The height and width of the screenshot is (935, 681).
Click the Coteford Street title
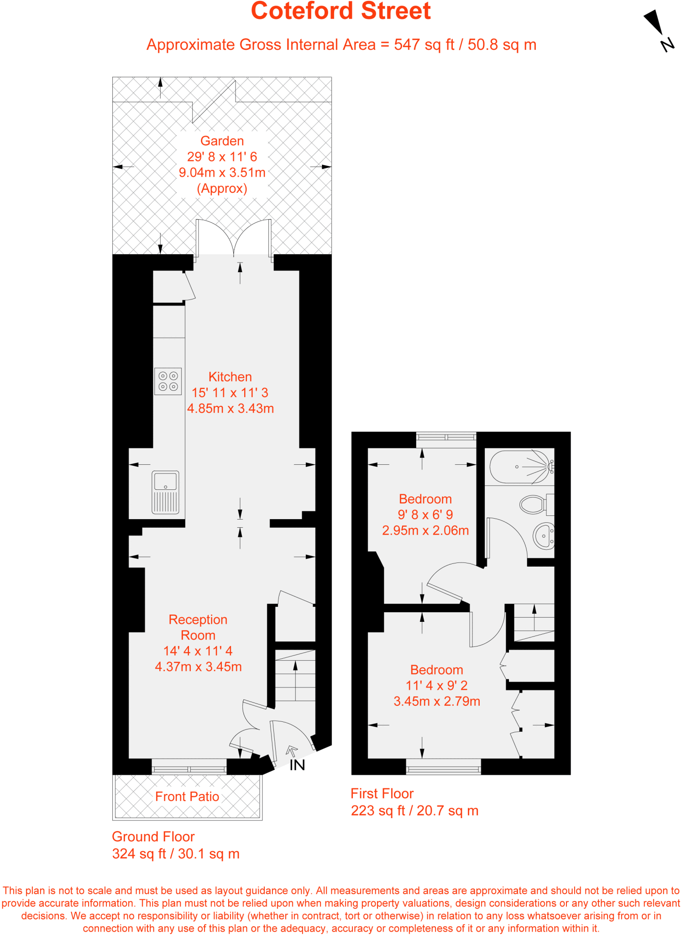coord(340,11)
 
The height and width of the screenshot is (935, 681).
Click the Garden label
coord(222,141)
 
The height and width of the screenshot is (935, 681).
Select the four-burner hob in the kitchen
coord(168,381)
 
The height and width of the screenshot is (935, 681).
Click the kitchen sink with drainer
coord(165,493)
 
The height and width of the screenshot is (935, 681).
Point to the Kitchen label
coord(230,377)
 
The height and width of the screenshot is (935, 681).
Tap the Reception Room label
coord(198,627)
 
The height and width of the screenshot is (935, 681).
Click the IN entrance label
coord(297,766)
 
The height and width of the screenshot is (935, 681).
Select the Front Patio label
coord(187,797)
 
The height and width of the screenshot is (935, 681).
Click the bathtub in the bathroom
coord(519,467)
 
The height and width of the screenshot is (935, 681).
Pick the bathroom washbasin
coord(544,536)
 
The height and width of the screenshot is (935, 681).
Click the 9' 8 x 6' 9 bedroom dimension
coord(425,515)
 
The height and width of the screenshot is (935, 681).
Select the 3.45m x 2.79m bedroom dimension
coord(437,701)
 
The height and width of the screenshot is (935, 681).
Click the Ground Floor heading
coord(153,837)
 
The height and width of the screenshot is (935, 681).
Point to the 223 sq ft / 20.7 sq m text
coord(414,811)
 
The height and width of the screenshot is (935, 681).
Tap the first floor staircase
coord(534,622)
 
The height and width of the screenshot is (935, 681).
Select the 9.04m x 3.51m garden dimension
coord(222,173)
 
